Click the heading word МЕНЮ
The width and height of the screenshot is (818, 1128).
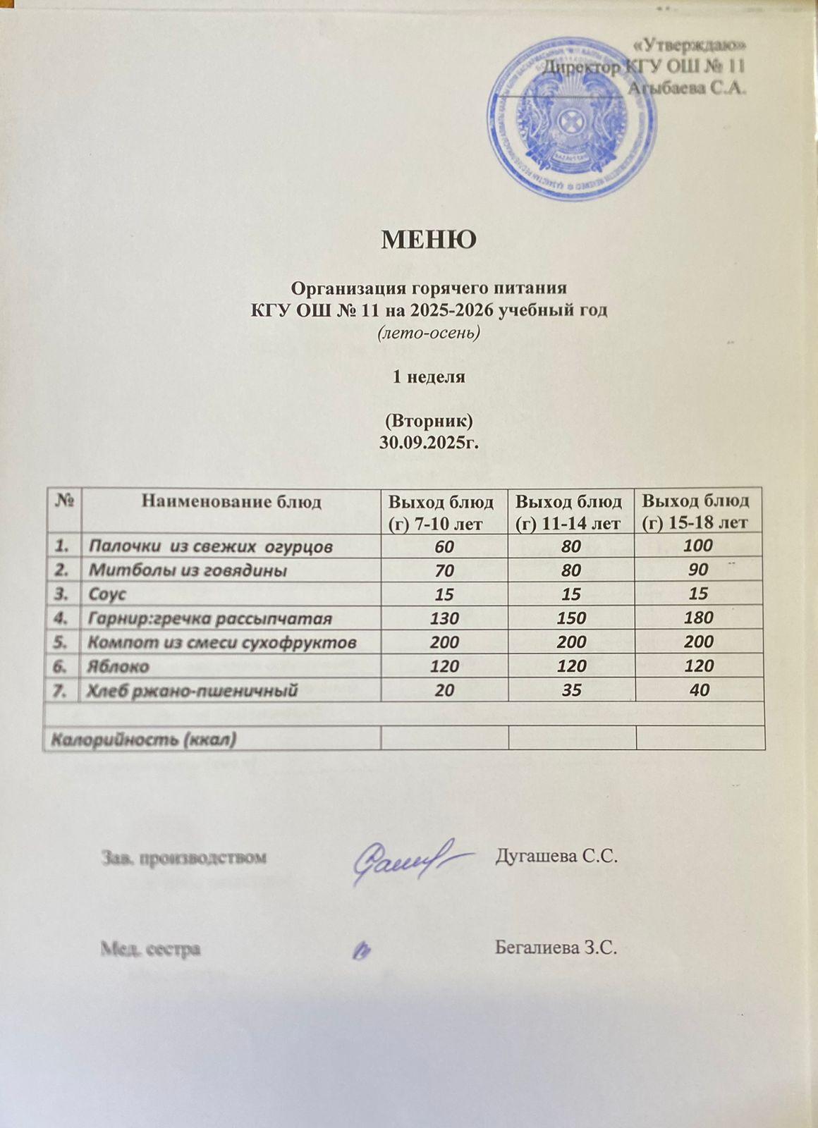[429, 240]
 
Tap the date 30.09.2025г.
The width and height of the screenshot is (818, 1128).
[429, 441]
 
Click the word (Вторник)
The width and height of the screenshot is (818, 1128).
[428, 421]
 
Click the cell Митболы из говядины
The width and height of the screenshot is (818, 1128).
[187, 570]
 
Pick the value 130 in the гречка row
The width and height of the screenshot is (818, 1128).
[444, 618]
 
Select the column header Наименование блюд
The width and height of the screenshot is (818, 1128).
[231, 502]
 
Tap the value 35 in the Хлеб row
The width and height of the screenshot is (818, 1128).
[572, 690]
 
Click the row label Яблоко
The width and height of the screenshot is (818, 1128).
[118, 666]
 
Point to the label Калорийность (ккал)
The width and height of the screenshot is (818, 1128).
[141, 739]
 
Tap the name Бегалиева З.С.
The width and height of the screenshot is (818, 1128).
[556, 948]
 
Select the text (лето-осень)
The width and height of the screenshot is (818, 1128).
[429, 332]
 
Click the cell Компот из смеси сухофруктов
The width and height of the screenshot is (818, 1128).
[221, 642]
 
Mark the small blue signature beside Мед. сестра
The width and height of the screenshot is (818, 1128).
[362, 951]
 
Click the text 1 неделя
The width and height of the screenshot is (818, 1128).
[429, 376]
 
